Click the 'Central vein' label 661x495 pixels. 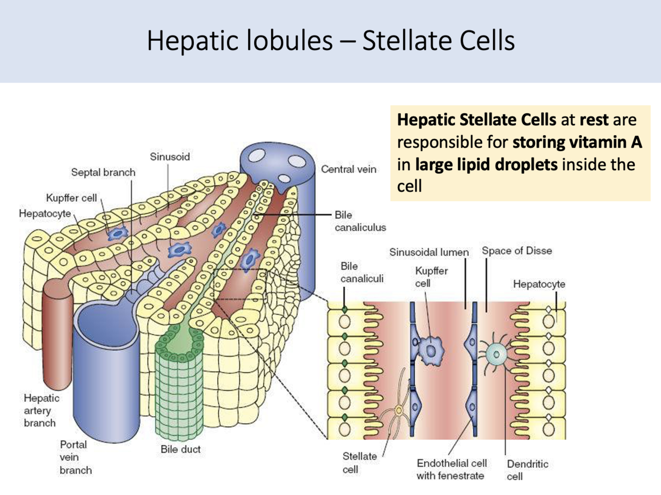(348, 169)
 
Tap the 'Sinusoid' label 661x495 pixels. (169, 157)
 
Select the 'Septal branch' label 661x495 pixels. (103, 172)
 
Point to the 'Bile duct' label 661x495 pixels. (180, 449)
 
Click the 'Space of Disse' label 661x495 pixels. (517, 251)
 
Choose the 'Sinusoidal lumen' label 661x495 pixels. (429, 252)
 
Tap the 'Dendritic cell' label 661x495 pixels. (527, 470)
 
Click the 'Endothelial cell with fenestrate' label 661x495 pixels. (451, 469)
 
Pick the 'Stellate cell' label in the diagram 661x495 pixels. (359, 462)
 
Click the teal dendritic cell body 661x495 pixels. (496, 353)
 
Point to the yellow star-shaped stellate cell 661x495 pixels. (399, 410)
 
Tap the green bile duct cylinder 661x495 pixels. (179, 386)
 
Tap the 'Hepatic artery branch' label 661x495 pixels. (41, 410)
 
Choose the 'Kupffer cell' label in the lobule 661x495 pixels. (71, 198)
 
